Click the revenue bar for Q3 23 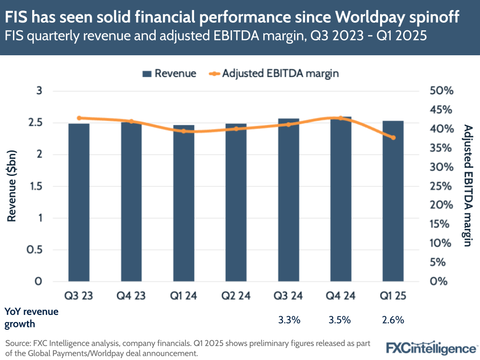79,202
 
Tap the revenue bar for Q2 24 236,202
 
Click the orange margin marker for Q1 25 393,137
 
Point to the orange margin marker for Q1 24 184,131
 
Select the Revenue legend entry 169,74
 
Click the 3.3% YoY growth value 289,319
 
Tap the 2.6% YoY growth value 394,319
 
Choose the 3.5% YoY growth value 341,319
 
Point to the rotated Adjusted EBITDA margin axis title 466,185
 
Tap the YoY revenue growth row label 31,317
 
